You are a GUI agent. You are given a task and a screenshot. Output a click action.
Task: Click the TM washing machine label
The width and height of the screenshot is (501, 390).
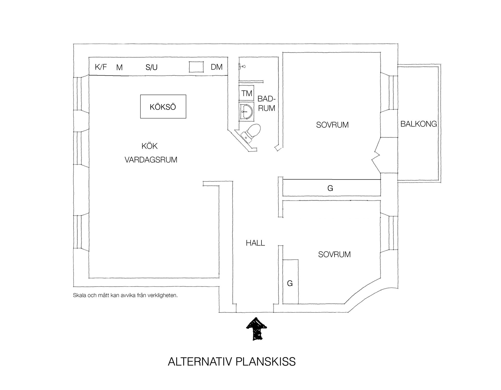click(247, 93)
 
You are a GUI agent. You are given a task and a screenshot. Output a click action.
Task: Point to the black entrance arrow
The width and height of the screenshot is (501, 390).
click(257, 329)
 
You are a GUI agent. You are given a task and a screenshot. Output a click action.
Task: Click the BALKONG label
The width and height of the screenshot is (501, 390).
click(419, 124)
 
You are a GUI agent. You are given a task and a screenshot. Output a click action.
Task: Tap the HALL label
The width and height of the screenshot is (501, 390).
click(255, 243)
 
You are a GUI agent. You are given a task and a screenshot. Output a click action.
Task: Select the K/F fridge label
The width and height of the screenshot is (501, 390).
click(101, 67)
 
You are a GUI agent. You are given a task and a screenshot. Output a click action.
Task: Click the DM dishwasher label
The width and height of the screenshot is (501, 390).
click(217, 67)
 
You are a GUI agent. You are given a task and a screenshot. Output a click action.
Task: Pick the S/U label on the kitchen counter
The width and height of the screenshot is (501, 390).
click(151, 67)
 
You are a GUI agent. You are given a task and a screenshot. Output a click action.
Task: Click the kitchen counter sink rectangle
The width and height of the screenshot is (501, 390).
click(196, 67)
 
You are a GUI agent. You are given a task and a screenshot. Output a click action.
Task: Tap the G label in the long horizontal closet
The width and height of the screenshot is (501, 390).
click(330, 188)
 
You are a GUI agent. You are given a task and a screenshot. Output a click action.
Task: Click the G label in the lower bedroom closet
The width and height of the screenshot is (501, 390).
click(290, 283)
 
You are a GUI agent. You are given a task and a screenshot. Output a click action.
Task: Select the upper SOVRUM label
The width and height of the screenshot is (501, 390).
click(332, 125)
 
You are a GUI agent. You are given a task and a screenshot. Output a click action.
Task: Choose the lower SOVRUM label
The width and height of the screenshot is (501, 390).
click(334, 254)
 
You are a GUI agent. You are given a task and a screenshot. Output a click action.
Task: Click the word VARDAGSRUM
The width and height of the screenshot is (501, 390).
click(151, 160)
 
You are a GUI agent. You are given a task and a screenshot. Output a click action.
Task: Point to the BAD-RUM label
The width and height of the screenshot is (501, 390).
click(266, 103)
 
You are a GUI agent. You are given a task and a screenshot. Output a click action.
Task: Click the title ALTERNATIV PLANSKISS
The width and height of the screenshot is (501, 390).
click(232, 362)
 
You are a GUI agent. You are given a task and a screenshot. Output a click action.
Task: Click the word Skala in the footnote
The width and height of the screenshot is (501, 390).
click(79, 295)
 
